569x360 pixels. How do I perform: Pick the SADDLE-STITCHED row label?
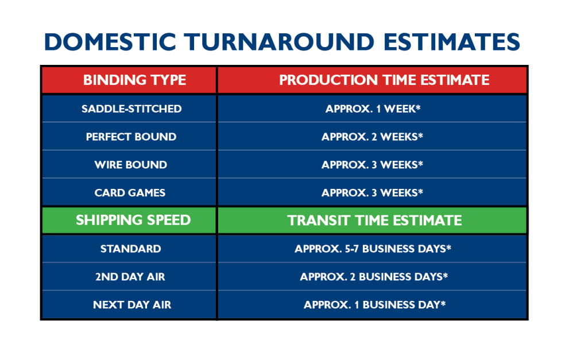[x=131, y=109]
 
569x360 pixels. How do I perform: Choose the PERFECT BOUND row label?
[x=131, y=137]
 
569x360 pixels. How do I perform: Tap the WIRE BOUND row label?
[x=131, y=165]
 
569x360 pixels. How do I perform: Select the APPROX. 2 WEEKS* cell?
[x=372, y=137]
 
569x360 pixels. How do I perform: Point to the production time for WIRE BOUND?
[x=372, y=165]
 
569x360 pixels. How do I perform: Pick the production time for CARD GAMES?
[x=372, y=193]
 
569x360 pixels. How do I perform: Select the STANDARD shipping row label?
[x=130, y=249]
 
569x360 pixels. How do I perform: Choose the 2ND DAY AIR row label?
[x=130, y=277]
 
